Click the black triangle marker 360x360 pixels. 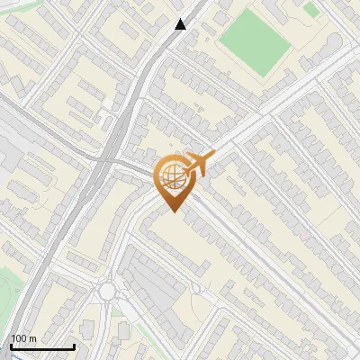click(x=181, y=23)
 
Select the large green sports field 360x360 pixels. click(x=256, y=41)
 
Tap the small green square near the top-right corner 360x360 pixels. click(x=311, y=9)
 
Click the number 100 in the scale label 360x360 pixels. click(x=20, y=338)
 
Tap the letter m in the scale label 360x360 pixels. click(x=32, y=338)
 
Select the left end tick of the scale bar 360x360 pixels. click(x=10, y=346)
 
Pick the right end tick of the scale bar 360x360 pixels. click(x=74, y=346)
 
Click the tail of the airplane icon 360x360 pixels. click(x=186, y=172)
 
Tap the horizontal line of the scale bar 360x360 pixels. click(x=41, y=347)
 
